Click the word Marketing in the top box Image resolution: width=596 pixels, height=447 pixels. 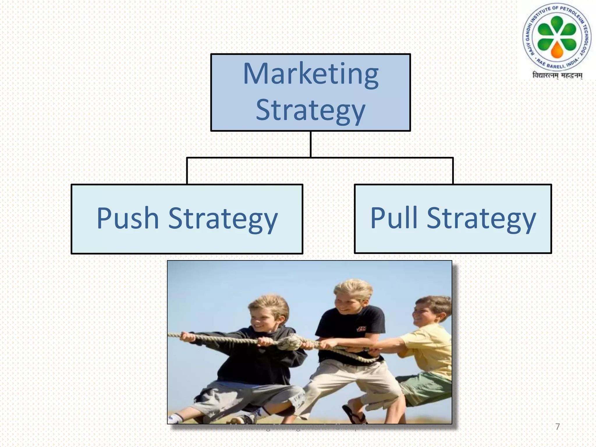pos(311,74)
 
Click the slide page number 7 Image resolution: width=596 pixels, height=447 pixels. pos(557,427)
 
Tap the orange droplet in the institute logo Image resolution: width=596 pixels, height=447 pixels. pos(557,49)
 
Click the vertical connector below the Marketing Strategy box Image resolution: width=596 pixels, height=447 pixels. pos(311,144)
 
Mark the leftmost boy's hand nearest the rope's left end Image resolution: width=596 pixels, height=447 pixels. pos(186,336)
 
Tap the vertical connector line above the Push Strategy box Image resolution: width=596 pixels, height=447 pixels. pos(187,171)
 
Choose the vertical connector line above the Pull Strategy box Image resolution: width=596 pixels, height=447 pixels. pos(453,171)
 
